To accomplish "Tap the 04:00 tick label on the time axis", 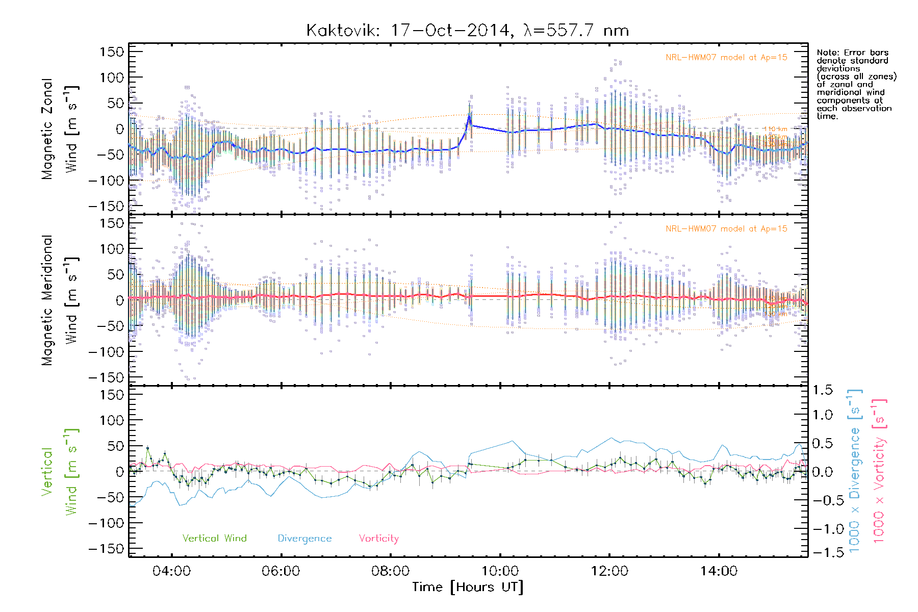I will click(x=172, y=571).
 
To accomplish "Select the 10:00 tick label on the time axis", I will click(x=500, y=571).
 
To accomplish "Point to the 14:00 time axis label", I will click(x=719, y=571).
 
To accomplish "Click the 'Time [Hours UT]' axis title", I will click(x=468, y=587).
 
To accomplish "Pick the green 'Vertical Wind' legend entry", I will click(x=214, y=538).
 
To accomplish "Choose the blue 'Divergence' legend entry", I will click(x=304, y=539).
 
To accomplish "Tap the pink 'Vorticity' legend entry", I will click(x=378, y=538).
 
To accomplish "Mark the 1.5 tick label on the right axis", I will click(x=822, y=390).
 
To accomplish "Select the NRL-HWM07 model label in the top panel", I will click(x=726, y=58).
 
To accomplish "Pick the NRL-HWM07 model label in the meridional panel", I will click(x=726, y=229).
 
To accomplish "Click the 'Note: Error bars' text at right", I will click(x=853, y=53).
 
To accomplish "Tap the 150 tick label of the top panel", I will click(x=112, y=52).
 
